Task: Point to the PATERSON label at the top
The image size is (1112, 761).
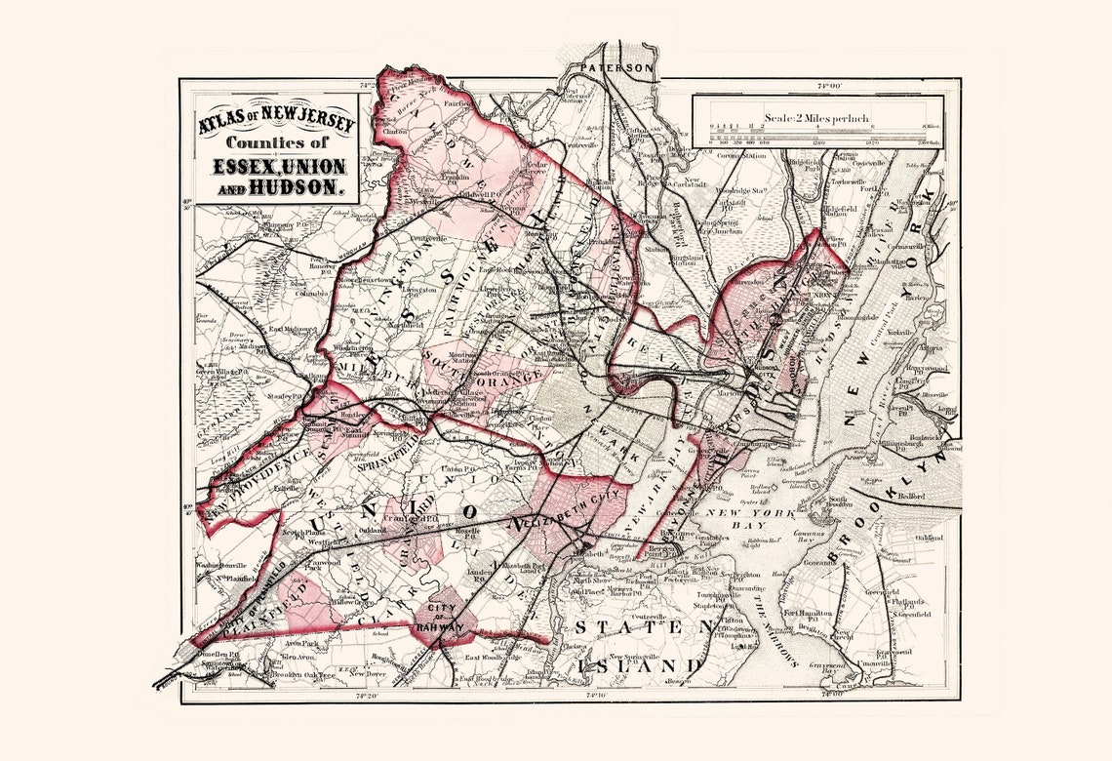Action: tap(616, 68)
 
